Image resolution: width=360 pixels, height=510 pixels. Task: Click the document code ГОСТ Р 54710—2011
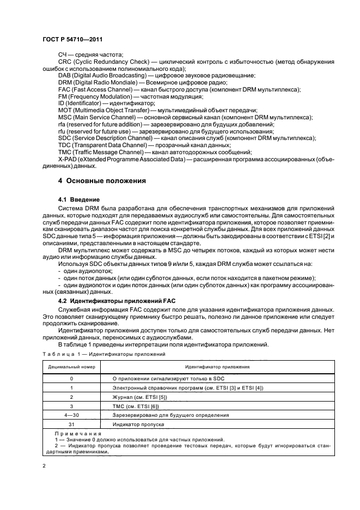(x=72, y=40)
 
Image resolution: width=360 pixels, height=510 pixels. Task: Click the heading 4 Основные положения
(x=102, y=180)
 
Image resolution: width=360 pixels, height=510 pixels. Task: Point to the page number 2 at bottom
(x=45, y=466)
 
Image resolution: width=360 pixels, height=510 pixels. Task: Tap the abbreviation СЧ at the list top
(x=62, y=54)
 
